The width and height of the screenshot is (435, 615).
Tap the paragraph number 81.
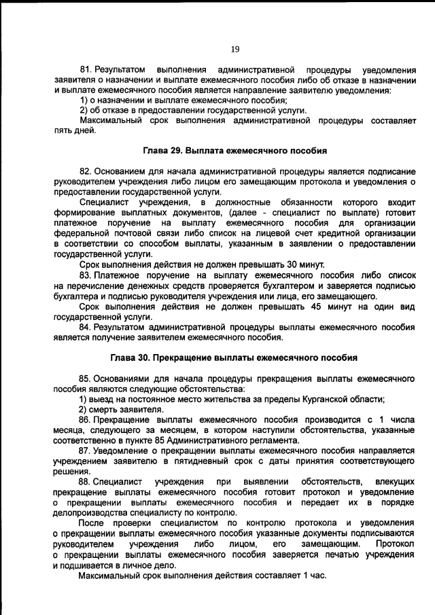[x=86, y=71]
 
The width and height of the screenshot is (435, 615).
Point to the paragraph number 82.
[x=86, y=171]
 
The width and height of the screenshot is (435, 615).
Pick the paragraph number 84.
[x=86, y=326]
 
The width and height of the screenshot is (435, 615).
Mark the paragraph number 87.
[x=86, y=451]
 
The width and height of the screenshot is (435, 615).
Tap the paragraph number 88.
[x=86, y=482]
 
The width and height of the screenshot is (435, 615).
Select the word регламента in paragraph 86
[x=271, y=440]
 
